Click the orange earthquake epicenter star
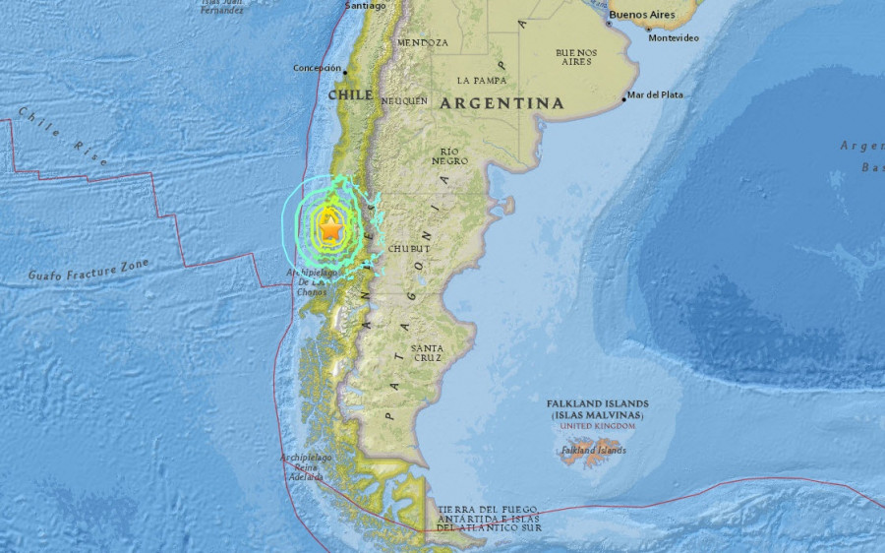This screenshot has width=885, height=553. (330, 229)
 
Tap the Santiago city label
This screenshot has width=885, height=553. (366, 5)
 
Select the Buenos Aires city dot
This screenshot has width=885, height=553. (609, 24)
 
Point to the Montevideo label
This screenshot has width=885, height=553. (674, 37)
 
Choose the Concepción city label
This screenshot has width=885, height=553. (316, 68)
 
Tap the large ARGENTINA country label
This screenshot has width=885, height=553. (501, 103)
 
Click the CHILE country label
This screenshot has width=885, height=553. (350, 94)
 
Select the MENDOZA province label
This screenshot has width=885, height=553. (423, 43)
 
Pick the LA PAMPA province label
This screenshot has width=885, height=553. (482, 80)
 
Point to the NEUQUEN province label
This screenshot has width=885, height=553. (404, 100)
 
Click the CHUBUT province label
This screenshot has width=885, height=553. (410, 249)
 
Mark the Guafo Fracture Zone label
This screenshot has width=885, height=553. (88, 268)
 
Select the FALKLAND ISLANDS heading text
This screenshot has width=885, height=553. (598, 404)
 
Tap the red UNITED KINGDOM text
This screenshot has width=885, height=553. (597, 426)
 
